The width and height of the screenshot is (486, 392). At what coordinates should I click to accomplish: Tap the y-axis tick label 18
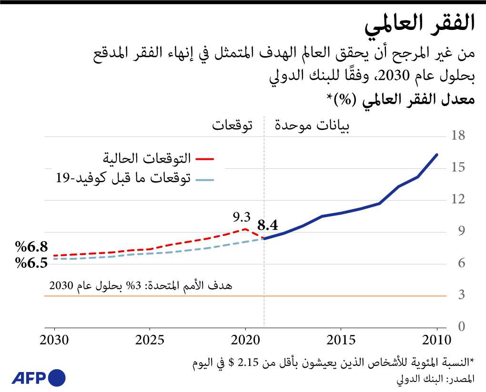458,136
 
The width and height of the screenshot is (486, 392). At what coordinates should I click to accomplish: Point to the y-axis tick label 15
458,168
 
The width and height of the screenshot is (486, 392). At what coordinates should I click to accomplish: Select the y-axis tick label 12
458,200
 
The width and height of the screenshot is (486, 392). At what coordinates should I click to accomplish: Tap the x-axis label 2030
55,341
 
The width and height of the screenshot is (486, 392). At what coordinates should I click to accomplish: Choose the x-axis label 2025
150,341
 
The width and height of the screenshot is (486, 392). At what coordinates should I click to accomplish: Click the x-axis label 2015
341,341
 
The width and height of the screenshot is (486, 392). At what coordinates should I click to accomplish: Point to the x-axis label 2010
436,341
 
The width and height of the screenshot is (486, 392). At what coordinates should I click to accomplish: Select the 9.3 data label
241,217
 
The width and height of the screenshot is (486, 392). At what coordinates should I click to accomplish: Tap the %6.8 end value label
31,247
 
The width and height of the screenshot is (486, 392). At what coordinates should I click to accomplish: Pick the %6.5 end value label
31,263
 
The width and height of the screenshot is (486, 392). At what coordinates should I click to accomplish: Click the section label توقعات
232,126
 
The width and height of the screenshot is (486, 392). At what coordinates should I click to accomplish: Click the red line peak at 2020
245,229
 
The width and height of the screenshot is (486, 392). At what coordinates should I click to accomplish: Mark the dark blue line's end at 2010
437,155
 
